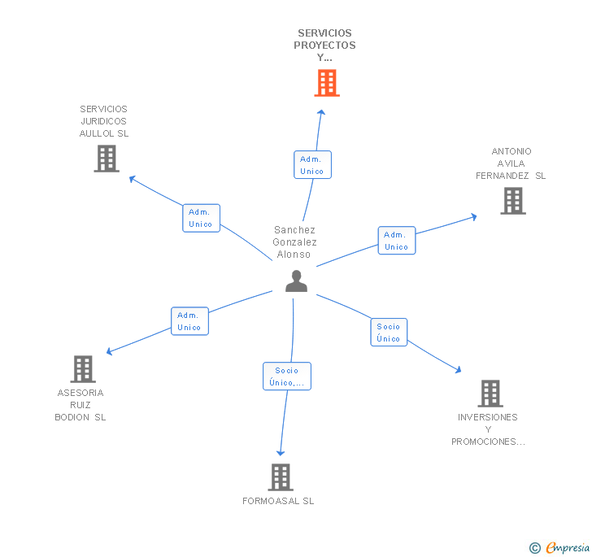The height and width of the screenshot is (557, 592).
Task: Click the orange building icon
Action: [x=327, y=83]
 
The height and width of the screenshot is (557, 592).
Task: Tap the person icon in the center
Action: [x=296, y=281]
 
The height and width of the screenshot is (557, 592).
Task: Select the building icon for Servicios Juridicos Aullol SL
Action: [x=107, y=159]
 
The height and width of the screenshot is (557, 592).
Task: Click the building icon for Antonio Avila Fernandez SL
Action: [x=513, y=201]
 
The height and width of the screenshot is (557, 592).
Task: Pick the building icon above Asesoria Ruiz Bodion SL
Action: [x=83, y=369]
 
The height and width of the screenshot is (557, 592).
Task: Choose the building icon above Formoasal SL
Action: [x=281, y=477]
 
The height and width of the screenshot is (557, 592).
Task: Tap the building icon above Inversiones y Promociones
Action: [x=490, y=394]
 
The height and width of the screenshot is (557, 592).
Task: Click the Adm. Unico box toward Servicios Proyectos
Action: [x=312, y=164]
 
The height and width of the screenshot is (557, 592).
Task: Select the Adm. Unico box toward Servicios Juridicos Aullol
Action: [x=201, y=218]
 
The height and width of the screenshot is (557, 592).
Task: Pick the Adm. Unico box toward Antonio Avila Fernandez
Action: [x=397, y=241]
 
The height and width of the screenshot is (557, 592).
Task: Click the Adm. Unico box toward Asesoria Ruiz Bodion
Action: [x=189, y=321]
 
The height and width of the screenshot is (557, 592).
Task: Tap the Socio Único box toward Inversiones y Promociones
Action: [x=389, y=333]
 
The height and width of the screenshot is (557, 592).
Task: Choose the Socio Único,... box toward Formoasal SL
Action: [x=287, y=376]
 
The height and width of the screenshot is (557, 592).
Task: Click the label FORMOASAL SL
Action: [x=278, y=501]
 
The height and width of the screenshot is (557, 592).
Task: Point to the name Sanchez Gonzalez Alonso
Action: [x=294, y=242]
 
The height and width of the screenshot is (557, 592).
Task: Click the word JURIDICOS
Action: [x=104, y=121]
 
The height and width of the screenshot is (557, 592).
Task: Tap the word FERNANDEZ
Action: [x=503, y=176]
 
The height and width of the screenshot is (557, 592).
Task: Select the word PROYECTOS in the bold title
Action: [x=324, y=46]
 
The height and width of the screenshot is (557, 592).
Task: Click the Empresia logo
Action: [x=559, y=547]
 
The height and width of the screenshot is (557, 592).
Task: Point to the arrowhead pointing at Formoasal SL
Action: [x=281, y=453]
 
